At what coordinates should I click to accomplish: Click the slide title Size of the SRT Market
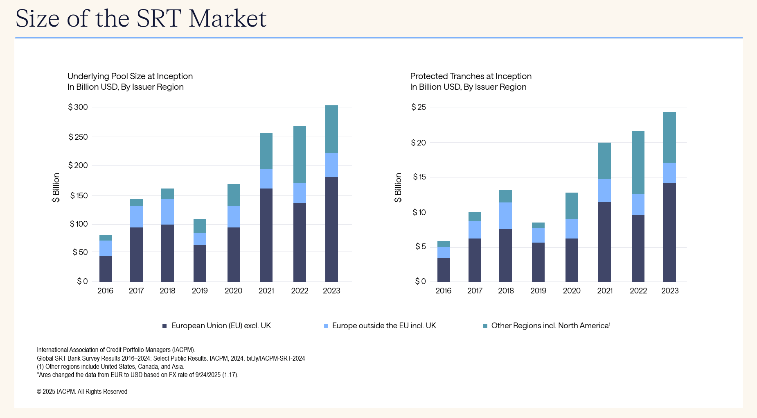pos(141,18)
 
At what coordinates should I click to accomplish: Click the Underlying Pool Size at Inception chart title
pos(130,76)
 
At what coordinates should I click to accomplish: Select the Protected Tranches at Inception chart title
pos(471,76)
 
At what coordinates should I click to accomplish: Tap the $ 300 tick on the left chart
pos(78,107)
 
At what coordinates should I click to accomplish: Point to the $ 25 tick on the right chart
pos(419,107)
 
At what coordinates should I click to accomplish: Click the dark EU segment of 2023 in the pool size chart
pos(331,229)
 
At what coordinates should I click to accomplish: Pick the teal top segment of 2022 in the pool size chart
pos(300,154)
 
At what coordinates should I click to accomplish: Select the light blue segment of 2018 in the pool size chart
pos(167,212)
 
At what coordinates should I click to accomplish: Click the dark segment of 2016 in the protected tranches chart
pos(444,270)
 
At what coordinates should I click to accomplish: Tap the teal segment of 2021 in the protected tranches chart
pos(604,161)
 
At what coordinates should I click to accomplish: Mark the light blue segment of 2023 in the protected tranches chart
pos(669,173)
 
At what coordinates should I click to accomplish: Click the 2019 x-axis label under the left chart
pos(200,291)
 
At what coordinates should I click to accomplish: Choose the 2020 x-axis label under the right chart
pos(572,291)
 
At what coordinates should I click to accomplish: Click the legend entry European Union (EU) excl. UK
pos(221,326)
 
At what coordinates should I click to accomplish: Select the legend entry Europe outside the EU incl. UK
pos(384,326)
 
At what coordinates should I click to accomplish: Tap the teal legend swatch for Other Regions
pos(485,326)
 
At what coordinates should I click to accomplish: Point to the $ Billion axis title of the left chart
pos(56,188)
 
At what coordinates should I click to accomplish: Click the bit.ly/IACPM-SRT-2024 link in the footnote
pos(275,358)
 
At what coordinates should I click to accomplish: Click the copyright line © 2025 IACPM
pos(82,392)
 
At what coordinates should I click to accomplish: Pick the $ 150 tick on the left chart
pos(79,196)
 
